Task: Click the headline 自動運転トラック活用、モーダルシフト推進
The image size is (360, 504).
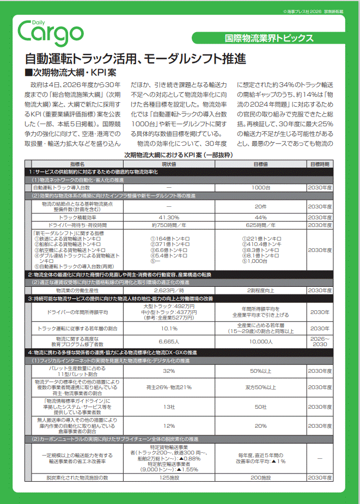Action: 136,59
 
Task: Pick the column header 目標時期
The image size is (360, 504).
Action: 320,163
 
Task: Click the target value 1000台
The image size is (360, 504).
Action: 260,187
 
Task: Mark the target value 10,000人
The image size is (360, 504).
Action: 260,341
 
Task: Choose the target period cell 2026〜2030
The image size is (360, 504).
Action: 320,341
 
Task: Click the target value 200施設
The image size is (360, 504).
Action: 260,477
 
